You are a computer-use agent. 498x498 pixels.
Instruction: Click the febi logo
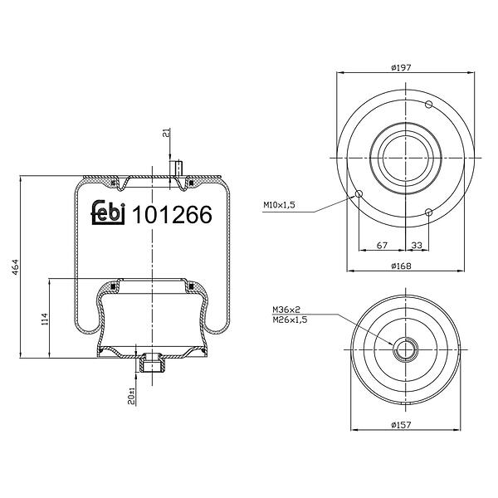[108, 212]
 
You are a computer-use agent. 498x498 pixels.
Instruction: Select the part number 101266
[172, 214]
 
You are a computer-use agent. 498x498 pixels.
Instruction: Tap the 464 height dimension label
[16, 267]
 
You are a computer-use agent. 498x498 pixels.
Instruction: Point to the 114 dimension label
[44, 319]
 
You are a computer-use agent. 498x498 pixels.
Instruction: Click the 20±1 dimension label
[131, 396]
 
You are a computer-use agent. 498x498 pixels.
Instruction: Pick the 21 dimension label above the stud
[166, 133]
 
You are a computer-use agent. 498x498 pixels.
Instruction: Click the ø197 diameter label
[401, 67]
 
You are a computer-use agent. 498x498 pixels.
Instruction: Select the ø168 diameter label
[401, 266]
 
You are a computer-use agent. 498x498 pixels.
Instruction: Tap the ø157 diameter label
[401, 425]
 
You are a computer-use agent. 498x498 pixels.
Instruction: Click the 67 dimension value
[382, 245]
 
